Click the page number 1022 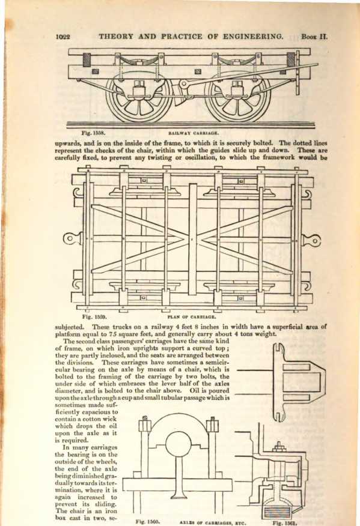(x=63, y=37)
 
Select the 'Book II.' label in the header (x=314, y=36)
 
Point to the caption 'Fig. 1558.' (x=93, y=133)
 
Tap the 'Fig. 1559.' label (x=94, y=316)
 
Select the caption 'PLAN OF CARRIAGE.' (x=191, y=316)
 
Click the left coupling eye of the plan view (x=70, y=239)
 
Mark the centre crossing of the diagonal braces (x=192, y=240)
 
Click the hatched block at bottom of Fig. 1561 (x=277, y=511)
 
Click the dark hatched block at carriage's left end (x=87, y=59)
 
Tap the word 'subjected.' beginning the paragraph (x=70, y=327)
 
